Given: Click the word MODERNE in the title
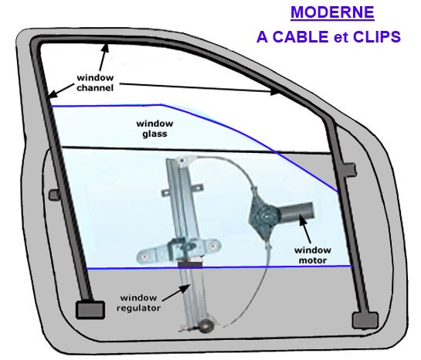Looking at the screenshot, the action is pos(332,12).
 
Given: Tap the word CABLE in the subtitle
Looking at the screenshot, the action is pos(302,37).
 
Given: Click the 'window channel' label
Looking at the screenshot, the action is pos(95,83).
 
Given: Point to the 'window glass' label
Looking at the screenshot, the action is pos(154,128).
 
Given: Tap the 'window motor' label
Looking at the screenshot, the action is pos(313,255).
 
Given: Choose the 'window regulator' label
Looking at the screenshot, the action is pos(138,303).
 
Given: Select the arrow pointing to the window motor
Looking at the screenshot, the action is pos(304,229).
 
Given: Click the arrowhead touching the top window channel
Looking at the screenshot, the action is pos(106,49).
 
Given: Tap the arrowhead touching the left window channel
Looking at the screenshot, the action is pos(53,93).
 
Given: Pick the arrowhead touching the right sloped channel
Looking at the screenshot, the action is pos(274,92).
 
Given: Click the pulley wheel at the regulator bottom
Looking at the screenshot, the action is pos(205,325).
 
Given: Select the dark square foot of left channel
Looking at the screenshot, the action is pos(90,310).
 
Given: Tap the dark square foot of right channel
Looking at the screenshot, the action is pos(365,320).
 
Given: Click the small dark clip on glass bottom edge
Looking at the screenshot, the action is pos(190,265).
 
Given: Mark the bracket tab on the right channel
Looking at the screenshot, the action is pos(349,169).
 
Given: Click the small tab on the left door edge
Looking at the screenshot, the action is pos(54,195).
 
